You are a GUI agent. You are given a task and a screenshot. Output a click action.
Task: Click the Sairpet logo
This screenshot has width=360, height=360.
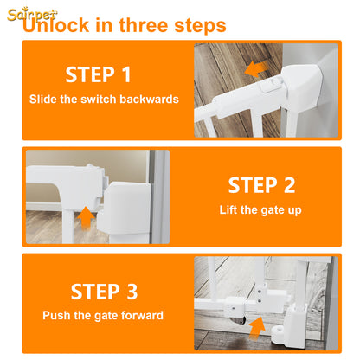coord(32,15)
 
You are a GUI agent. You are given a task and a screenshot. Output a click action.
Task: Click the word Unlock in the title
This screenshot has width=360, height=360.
coord(56,25)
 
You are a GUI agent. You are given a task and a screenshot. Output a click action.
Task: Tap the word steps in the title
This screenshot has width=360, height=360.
coord(200,26)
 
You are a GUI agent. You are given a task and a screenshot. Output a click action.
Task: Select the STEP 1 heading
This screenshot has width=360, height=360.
coord(98,74)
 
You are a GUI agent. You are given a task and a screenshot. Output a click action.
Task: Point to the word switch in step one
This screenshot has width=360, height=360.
coord(99,100)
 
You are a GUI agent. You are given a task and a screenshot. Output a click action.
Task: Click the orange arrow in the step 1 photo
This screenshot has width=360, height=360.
coord(256,69)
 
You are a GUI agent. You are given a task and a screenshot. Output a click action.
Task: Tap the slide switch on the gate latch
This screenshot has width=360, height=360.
coord(271,86)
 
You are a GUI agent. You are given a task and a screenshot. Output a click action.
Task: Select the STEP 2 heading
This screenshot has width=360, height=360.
coord(261,185)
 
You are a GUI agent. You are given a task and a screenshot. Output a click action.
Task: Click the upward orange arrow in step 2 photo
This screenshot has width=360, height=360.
coord(86,218)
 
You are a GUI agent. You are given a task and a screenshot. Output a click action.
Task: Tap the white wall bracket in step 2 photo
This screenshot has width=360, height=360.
coord(124,209)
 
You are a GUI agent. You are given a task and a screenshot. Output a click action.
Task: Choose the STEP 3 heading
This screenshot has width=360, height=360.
coord(104,292)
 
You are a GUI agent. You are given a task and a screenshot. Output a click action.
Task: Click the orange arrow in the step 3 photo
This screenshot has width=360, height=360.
coord(257,328)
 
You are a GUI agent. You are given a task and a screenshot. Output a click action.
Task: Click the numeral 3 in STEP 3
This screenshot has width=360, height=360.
coord(132,292)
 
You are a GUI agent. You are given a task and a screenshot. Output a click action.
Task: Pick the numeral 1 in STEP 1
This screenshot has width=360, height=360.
coord(126,74)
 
